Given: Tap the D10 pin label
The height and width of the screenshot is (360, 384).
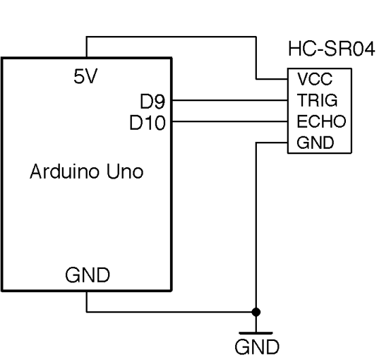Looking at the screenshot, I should pyautogui.click(x=148, y=122).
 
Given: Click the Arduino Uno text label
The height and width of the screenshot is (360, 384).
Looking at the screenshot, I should pyautogui.click(x=86, y=172).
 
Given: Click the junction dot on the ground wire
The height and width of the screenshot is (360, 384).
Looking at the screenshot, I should pyautogui.click(x=256, y=311).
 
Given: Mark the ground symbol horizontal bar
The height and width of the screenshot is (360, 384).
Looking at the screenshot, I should pyautogui.click(x=256, y=332).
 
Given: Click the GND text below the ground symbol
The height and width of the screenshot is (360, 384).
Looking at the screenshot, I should pyautogui.click(x=256, y=347).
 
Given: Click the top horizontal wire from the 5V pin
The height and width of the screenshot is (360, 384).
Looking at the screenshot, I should pyautogui.click(x=169, y=37).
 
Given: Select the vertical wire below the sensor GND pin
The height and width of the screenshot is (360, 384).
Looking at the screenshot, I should pyautogui.click(x=256, y=226).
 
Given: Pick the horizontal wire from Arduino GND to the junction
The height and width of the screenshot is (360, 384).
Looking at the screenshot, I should pyautogui.click(x=169, y=311).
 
